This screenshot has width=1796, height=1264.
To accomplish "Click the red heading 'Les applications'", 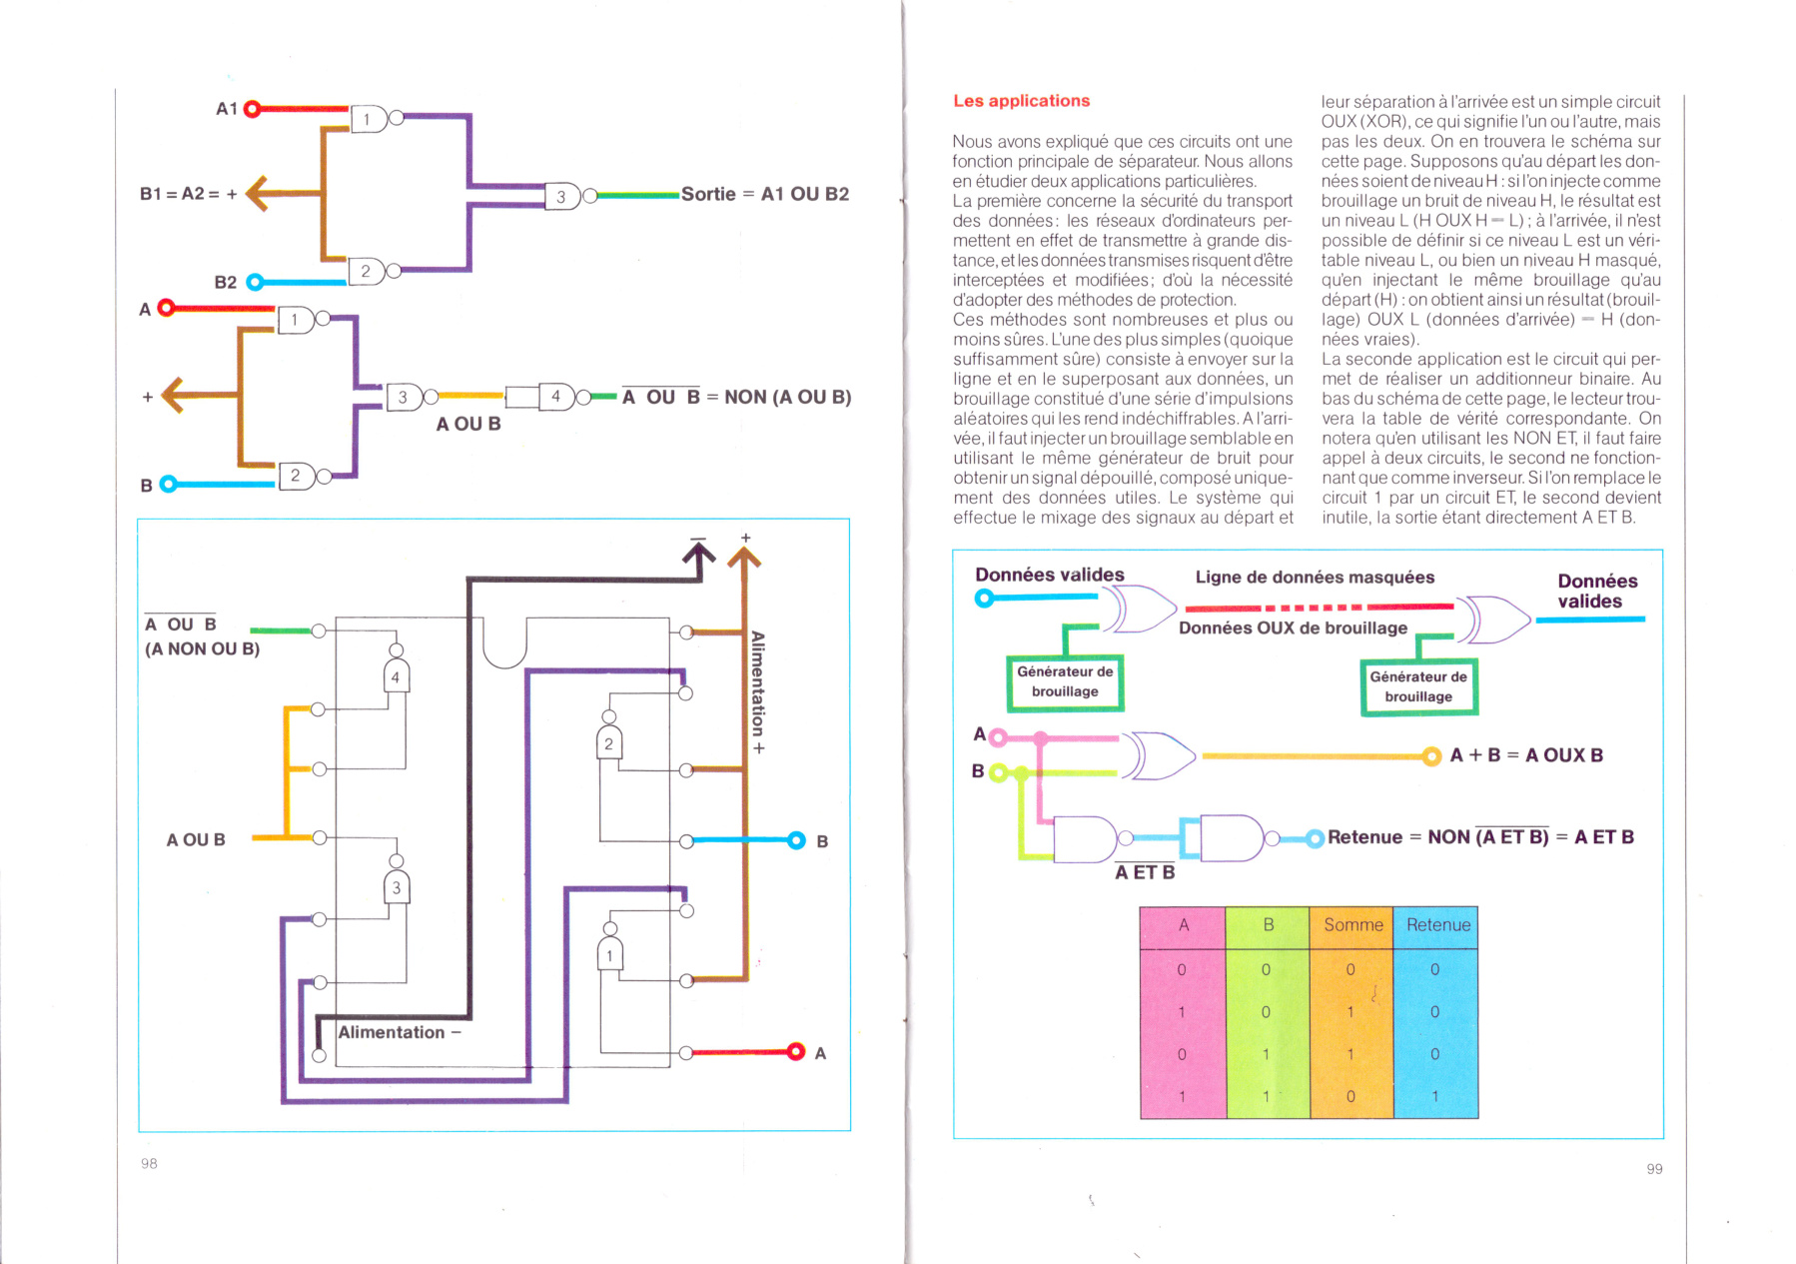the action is (x=1021, y=101).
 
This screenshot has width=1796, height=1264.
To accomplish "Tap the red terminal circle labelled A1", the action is (x=253, y=109).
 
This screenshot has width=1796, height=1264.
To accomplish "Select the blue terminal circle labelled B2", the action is (x=255, y=283).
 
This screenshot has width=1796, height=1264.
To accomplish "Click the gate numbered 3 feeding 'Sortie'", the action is (x=563, y=197).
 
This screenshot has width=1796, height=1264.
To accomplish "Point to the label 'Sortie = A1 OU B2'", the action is (x=765, y=194).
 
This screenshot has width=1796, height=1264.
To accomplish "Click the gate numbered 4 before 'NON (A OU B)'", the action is (x=557, y=397).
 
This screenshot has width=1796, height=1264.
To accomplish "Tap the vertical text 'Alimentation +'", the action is (x=758, y=692).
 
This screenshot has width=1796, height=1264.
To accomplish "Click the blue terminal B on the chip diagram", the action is (x=796, y=840).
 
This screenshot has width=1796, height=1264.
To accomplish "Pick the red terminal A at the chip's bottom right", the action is (x=796, y=1051).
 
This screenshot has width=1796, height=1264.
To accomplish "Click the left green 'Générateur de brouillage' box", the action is (x=1065, y=682).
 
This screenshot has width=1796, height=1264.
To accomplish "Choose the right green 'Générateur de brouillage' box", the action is (x=1418, y=687).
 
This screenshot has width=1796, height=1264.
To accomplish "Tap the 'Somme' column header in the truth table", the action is (x=1352, y=926).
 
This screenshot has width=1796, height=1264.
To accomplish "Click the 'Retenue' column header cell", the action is (x=1437, y=926).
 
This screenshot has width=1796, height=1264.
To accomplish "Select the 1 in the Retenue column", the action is (x=1435, y=1096).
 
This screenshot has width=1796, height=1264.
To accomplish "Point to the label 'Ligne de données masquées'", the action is (x=1315, y=578).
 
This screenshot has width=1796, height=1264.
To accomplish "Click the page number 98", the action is (x=149, y=1163).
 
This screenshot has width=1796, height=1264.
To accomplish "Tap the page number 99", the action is (x=1654, y=1169).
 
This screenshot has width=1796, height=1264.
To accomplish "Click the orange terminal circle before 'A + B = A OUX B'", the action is (x=1431, y=756).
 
